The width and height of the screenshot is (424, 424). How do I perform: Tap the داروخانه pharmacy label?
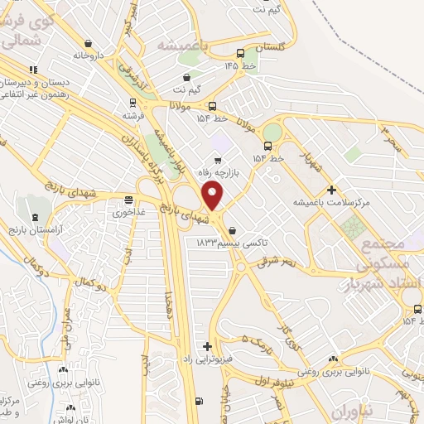click(90, 55)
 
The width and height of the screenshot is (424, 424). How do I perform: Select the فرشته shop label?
click(134, 116)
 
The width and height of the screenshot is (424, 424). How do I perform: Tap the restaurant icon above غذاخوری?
click(128, 199)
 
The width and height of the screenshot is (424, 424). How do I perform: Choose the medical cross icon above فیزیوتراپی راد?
click(208, 346)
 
